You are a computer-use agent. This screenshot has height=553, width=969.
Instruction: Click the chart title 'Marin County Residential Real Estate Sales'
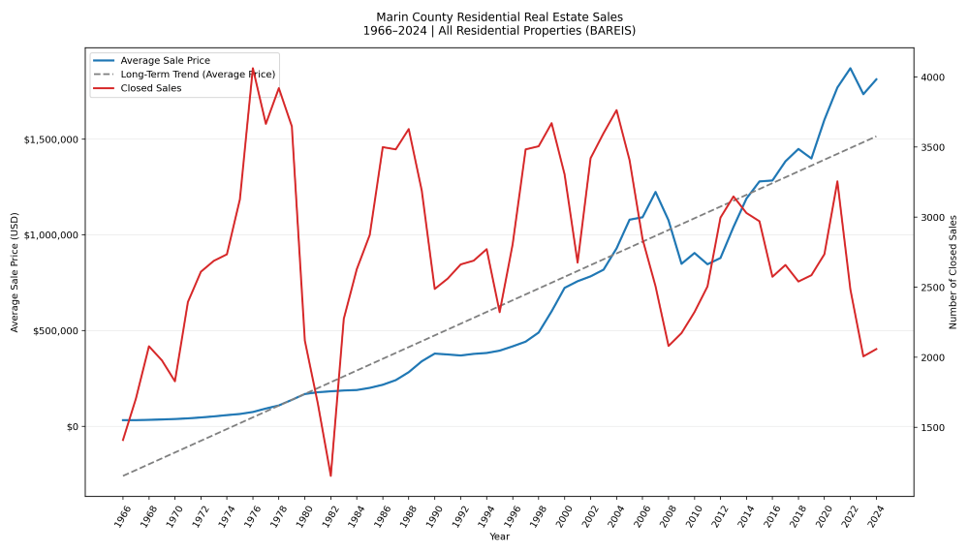click(499, 16)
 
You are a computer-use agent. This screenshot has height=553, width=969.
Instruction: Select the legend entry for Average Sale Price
click(165, 61)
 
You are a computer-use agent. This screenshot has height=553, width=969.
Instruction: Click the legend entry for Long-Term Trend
click(198, 75)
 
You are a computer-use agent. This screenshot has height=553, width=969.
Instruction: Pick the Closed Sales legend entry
click(150, 88)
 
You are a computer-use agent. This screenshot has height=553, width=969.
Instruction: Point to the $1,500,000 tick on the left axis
click(52, 139)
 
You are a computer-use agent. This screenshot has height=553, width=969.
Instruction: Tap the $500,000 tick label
click(56, 331)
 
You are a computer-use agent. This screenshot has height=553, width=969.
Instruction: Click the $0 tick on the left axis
click(72, 427)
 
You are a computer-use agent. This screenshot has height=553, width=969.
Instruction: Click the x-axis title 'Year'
click(499, 537)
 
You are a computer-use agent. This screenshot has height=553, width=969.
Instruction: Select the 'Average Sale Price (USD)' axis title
click(16, 272)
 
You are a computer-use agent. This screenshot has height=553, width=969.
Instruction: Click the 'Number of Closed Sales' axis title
click(953, 272)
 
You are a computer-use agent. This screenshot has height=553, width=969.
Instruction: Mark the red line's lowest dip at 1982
click(330, 476)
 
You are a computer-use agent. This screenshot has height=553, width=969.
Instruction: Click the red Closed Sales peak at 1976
click(253, 69)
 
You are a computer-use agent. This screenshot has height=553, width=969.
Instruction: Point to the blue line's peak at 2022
click(850, 68)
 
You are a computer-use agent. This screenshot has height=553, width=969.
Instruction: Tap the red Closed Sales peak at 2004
click(616, 110)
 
